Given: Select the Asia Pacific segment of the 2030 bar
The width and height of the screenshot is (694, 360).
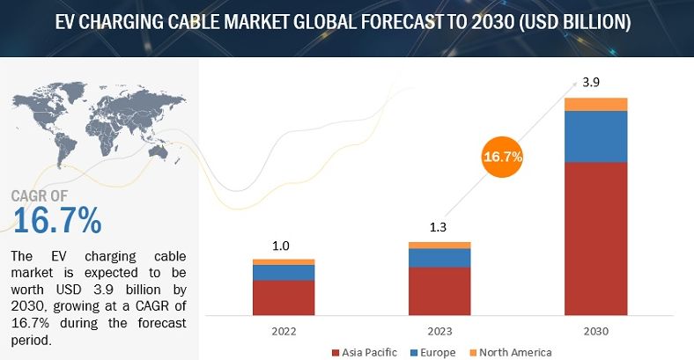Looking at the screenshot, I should (x=595, y=238).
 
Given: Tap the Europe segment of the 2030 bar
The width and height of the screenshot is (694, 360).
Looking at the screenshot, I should (x=595, y=136).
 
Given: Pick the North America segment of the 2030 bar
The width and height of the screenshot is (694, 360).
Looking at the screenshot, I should (x=595, y=105).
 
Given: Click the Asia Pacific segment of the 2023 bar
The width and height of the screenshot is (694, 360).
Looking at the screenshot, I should (x=439, y=290).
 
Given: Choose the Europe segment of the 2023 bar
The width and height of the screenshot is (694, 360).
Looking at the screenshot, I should (x=439, y=257).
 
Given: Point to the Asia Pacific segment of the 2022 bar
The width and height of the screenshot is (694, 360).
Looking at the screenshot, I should (x=284, y=298).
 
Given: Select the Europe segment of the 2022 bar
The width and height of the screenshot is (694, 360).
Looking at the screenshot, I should (x=284, y=272).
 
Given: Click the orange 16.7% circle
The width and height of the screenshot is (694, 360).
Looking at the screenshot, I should (x=502, y=158).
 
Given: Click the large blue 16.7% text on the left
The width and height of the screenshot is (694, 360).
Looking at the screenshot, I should (x=56, y=220).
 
